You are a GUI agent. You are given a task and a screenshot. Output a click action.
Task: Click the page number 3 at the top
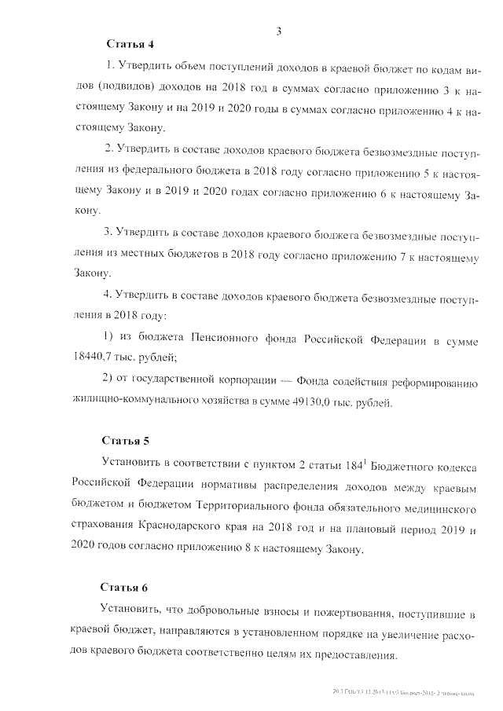click(x=279, y=31)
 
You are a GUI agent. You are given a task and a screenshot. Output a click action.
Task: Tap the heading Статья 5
click(x=125, y=439)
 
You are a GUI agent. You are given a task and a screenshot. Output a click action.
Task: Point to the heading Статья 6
click(x=125, y=587)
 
